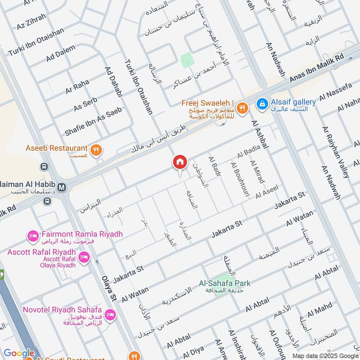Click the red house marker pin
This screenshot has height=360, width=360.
pos(180,162)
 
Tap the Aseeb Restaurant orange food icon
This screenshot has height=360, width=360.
pos(95,150)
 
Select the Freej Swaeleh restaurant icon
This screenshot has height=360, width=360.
pos(243,108)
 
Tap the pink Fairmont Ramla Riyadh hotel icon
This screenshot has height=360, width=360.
pos(33,235)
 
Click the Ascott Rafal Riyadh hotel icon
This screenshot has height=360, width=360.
pos(83,257)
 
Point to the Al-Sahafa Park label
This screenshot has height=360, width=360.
pos(225,283)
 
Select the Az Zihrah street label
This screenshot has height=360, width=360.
pos(31,21)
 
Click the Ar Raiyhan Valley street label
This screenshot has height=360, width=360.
pos(336,152)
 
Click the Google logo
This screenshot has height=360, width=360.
pos(19,353)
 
